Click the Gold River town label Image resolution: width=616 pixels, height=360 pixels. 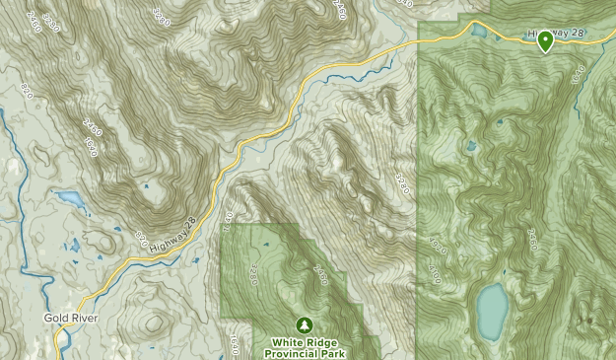pos(69,319)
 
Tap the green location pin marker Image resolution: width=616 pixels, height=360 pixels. pos(545,40)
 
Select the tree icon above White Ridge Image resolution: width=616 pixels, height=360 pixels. pos(305,324)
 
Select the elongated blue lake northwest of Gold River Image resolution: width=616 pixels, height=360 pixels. pos(70,198)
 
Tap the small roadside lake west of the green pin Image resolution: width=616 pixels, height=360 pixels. pos(480,32)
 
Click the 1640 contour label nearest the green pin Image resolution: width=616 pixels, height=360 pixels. pos(577,71)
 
